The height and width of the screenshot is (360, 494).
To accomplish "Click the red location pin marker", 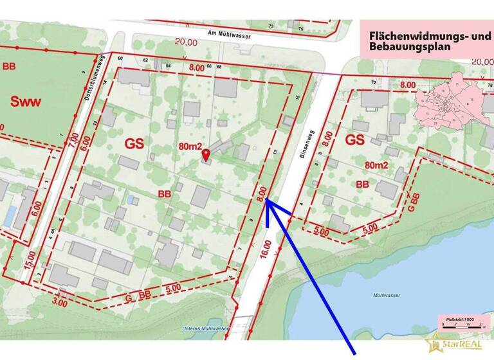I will pos(206,154).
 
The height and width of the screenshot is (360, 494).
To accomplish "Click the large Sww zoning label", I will pos(28,101).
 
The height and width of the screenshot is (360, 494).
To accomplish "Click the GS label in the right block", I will pos(355,140).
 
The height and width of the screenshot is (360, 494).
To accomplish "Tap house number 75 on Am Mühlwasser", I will pos(300,28).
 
